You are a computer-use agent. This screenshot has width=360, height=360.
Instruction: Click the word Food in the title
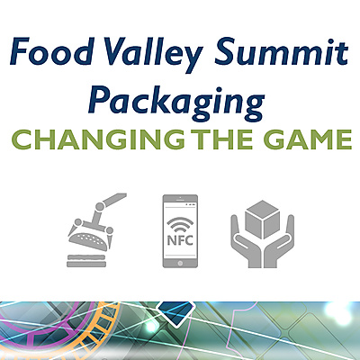click(51, 51)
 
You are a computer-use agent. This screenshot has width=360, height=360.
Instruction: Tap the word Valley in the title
click(152, 55)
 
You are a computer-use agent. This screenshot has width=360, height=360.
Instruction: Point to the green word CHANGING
click(98, 139)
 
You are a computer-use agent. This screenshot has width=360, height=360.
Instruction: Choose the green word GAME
click(308, 139)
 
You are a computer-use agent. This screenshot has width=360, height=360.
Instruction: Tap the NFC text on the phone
click(180, 240)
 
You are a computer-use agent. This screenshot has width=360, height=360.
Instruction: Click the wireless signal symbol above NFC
click(180, 225)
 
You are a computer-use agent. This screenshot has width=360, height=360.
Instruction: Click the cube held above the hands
click(263, 219)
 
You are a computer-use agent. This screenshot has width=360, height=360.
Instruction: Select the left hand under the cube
click(246, 241)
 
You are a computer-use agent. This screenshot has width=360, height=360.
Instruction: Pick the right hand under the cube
click(279, 241)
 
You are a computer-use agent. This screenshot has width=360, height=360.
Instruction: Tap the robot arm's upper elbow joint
click(100, 206)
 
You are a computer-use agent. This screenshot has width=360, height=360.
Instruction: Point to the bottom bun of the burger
click(86, 264)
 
